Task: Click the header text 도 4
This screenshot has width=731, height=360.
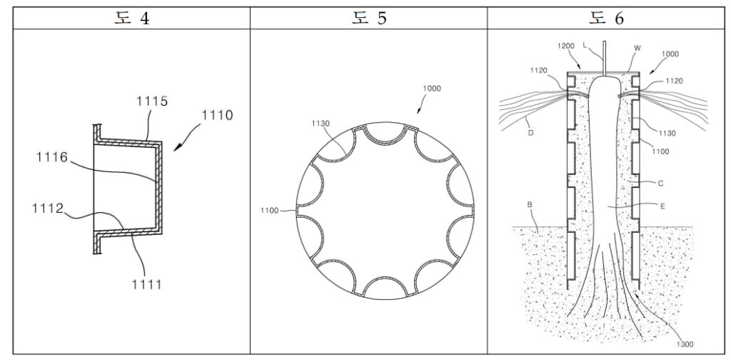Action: click(x=132, y=18)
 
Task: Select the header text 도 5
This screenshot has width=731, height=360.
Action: click(x=369, y=18)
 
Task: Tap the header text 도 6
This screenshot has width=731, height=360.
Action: click(x=606, y=18)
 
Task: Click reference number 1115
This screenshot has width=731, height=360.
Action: click(x=152, y=101)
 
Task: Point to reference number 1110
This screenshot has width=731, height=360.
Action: click(x=217, y=115)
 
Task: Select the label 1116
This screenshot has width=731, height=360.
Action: click(x=52, y=158)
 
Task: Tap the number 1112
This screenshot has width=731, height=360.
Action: click(x=48, y=209)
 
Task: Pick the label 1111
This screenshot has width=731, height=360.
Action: click(x=146, y=284)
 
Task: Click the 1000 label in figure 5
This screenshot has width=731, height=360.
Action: click(x=431, y=89)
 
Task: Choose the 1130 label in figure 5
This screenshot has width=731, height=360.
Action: click(x=321, y=124)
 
